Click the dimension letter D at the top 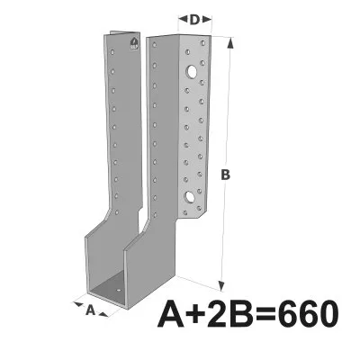coord(193,19)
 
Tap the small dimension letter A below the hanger coord(90,310)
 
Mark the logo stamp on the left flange coord(134,42)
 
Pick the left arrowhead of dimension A coord(74,303)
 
